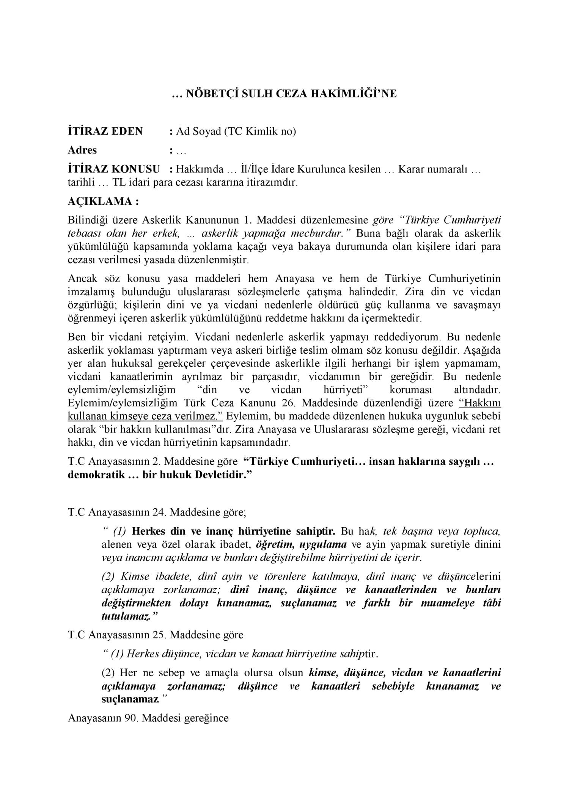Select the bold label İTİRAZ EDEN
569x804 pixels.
coord(105,131)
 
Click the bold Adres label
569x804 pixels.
coord(82,150)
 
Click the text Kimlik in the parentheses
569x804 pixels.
coord(259,131)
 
